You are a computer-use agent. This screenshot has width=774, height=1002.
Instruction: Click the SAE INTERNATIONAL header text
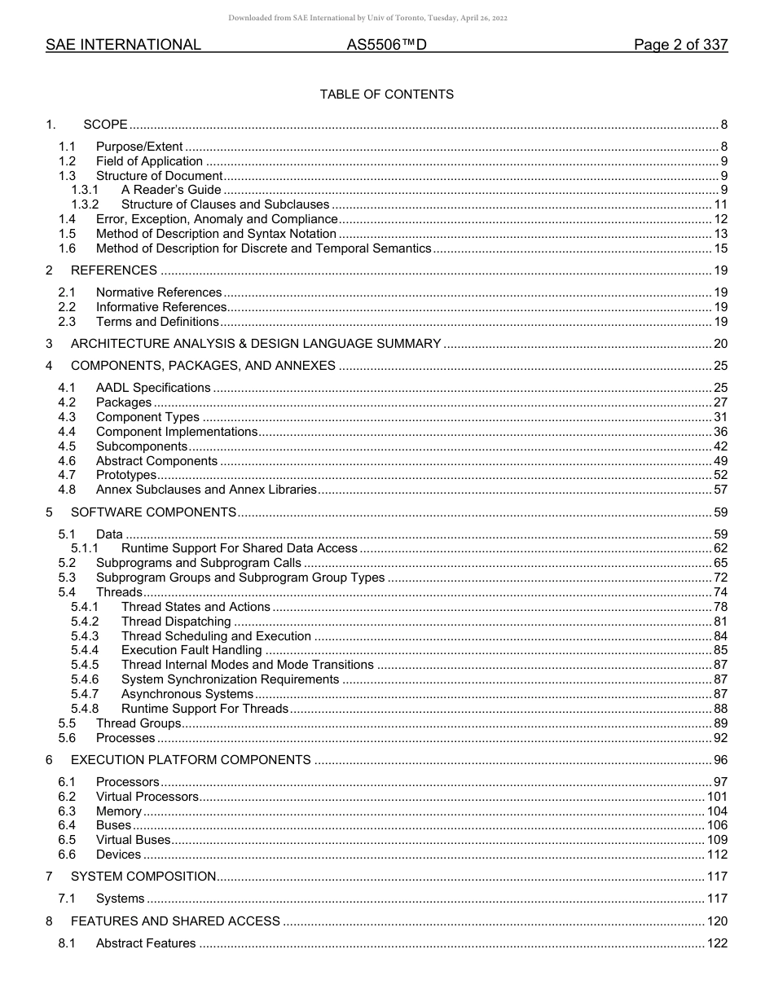tap(123, 46)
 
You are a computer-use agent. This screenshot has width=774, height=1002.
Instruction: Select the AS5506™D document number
tap(386, 46)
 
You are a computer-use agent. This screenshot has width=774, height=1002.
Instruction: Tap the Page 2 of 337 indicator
tap(680, 46)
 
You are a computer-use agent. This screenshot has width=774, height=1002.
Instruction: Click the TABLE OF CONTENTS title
tap(386, 94)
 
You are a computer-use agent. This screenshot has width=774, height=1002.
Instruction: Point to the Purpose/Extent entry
tap(139, 147)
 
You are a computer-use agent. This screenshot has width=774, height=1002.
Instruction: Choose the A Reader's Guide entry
tap(171, 190)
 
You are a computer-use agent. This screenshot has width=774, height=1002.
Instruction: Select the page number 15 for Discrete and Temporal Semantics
tap(720, 248)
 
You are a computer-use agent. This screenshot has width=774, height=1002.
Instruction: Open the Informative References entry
tap(161, 307)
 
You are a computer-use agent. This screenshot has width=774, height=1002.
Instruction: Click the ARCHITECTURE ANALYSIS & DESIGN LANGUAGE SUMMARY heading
tap(256, 344)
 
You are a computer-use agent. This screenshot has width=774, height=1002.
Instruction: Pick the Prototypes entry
tap(126, 475)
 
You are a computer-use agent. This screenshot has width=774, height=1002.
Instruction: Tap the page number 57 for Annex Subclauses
tap(720, 490)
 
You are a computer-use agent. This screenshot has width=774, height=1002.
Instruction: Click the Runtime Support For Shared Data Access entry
tap(240, 548)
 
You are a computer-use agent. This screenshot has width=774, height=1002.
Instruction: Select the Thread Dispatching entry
tap(176, 622)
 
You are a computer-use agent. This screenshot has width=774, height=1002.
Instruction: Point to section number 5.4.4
tap(85, 650)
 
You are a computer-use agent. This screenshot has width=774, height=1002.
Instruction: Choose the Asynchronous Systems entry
tap(187, 694)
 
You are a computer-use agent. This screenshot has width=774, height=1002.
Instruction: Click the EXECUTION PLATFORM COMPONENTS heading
tap(191, 760)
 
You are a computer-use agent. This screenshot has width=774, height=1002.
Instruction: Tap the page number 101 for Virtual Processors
tap(717, 797)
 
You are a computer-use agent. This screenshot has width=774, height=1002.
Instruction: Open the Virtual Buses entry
tap(134, 840)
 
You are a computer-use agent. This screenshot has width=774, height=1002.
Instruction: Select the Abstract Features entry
tap(146, 943)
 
